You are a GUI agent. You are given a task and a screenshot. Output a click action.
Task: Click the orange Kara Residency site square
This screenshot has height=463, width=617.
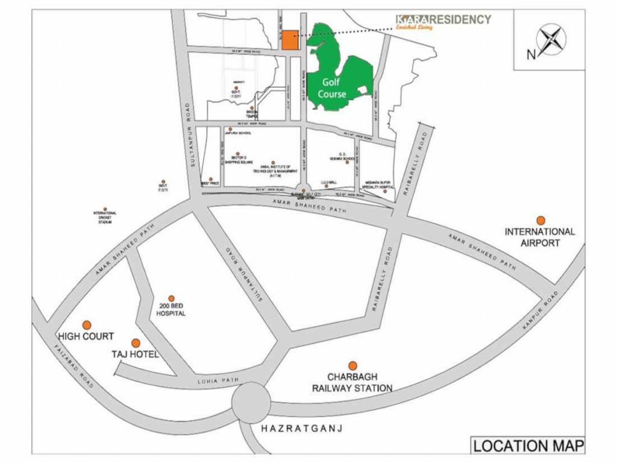pyautogui.click(x=289, y=40)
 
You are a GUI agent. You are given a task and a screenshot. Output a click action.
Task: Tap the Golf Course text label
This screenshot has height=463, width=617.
pyautogui.click(x=333, y=89)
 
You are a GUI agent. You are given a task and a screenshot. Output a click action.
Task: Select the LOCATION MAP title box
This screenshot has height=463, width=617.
pyautogui.click(x=528, y=447)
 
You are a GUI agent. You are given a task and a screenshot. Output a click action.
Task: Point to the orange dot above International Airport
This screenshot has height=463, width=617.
pyautogui.click(x=540, y=221)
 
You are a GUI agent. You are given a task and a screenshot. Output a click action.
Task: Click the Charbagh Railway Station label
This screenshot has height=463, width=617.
pyautogui.click(x=352, y=383)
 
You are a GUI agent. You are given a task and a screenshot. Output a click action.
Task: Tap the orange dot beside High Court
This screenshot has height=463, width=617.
pyautogui.click(x=87, y=325)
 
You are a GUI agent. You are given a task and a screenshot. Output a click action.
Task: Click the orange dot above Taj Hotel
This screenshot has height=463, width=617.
pyautogui.click(x=136, y=343)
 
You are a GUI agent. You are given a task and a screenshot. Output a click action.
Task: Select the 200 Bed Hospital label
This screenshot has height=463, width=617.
pyautogui.click(x=171, y=310)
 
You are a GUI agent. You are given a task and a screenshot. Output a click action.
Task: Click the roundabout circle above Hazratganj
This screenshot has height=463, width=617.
pyautogui.click(x=251, y=403)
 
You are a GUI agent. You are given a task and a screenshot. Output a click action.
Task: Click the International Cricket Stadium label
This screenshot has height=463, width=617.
pyautogui.click(x=105, y=218)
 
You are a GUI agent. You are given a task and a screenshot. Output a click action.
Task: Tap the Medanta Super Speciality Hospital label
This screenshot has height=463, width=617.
pyautogui.click(x=378, y=185)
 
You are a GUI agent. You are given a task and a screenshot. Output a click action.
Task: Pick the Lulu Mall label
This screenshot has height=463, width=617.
pyautogui.click(x=328, y=180)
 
